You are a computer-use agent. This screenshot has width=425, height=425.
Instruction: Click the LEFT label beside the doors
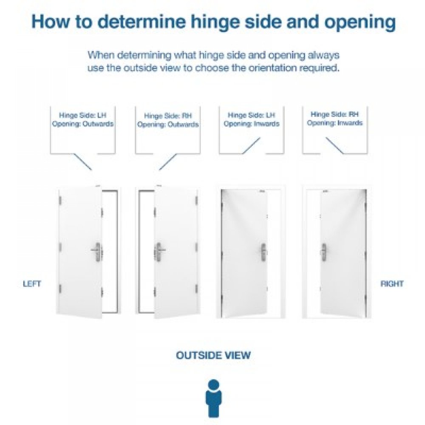pos(32,284)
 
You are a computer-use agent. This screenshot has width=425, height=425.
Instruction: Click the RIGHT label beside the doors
pos(392,284)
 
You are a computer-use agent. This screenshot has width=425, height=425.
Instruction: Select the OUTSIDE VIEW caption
pos(213,355)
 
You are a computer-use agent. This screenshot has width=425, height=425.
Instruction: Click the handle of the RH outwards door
pos(159,250)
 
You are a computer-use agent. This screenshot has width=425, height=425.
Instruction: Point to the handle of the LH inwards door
pos(263,250)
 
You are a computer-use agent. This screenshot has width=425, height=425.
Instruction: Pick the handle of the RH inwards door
pos(324,250)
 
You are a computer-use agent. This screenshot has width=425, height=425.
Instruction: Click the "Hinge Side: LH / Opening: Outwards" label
pos(83,119)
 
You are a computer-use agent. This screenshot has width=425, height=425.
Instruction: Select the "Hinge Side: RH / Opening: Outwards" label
pos(168,120)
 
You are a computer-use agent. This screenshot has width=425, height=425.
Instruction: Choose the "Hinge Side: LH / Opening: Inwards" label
pos(252,119)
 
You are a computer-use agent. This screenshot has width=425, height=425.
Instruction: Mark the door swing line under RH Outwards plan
pos(168,161)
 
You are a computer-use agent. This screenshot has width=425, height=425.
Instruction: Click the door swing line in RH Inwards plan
pos(335,145)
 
